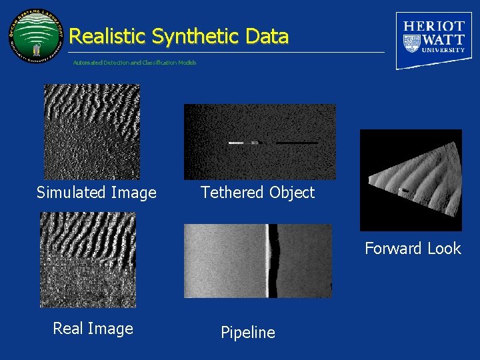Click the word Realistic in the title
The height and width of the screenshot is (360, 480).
click(x=107, y=36)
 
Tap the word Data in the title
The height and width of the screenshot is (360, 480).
click(x=266, y=36)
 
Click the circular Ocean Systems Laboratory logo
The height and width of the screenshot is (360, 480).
click(x=37, y=37)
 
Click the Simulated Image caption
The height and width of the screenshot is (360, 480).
click(x=96, y=193)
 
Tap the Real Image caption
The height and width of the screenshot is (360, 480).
click(x=93, y=329)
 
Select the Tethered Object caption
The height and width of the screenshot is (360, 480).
click(x=257, y=193)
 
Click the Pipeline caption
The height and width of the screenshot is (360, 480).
click(x=247, y=333)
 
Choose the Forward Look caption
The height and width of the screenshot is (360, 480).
click(x=413, y=249)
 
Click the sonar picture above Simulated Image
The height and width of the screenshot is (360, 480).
click(x=92, y=131)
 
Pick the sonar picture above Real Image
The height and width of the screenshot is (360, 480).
click(x=87, y=259)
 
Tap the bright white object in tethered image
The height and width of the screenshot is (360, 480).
click(x=236, y=143)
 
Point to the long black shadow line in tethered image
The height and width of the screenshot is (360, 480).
click(x=297, y=143)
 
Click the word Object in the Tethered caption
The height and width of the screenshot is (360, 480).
click(x=289, y=193)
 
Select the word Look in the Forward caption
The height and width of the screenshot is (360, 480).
click(x=443, y=249)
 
